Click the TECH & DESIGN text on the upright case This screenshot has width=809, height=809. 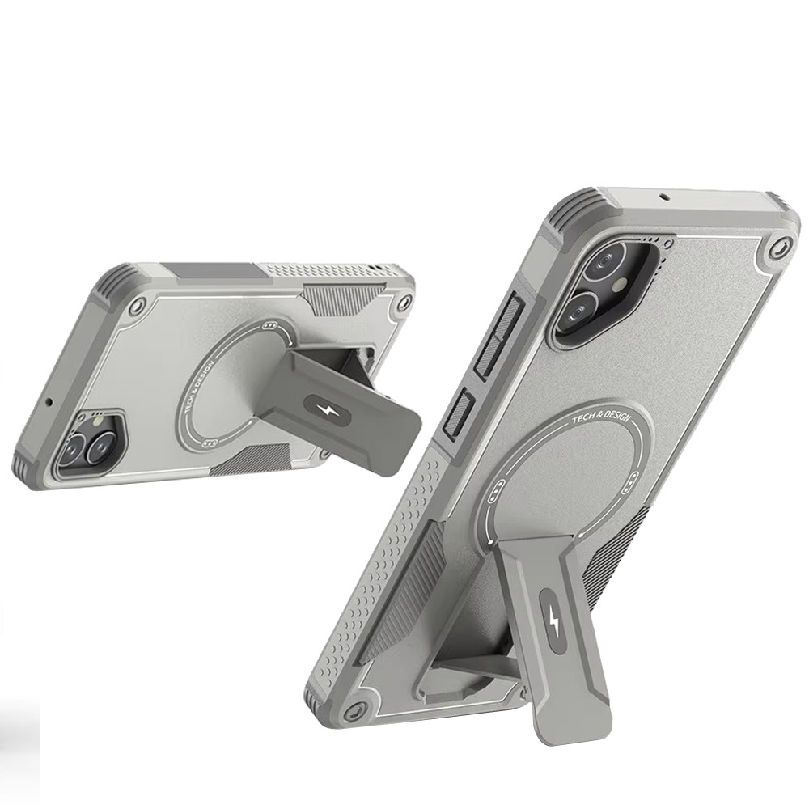pyautogui.click(x=601, y=416)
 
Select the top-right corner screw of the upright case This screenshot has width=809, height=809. pyautogui.click(x=778, y=248)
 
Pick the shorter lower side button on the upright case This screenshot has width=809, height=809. pyautogui.click(x=459, y=415)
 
